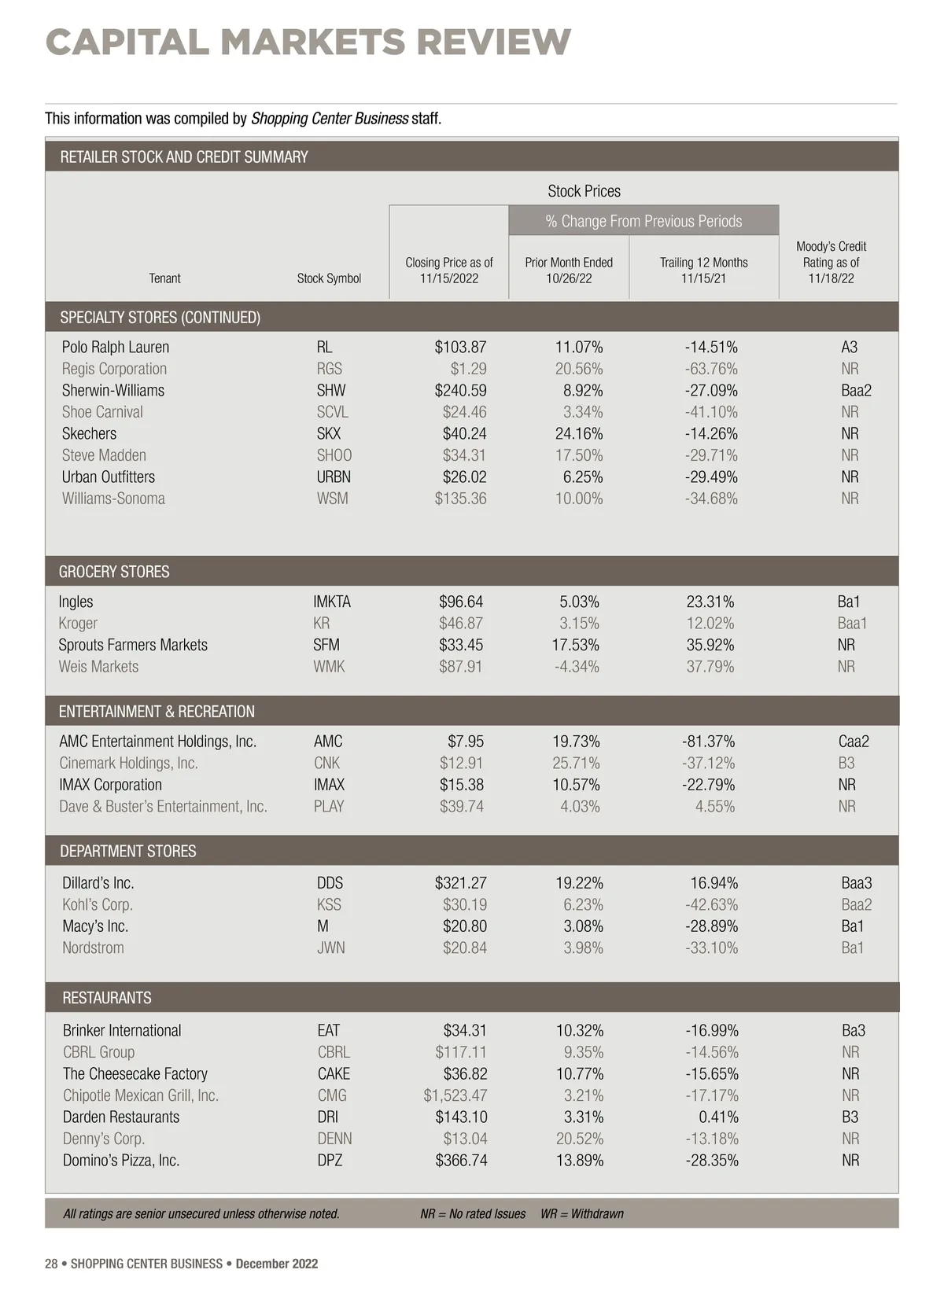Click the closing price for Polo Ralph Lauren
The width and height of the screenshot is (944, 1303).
pos(460,347)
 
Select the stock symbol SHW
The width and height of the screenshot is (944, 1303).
pos(331,390)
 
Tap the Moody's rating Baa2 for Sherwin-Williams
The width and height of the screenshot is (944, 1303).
pos(856,390)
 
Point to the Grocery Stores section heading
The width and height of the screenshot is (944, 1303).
pos(114,572)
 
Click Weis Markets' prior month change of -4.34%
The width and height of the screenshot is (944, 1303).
pos(577,666)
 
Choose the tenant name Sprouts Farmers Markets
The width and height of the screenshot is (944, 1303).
pos(133,645)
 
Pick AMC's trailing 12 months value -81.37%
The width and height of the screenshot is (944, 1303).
pos(708,741)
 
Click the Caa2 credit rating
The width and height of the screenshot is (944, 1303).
pos(854,741)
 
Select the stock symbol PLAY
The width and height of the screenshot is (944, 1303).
pos(329,806)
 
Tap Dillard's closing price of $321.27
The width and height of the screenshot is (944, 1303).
pos(460,882)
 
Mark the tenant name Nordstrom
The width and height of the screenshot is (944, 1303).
pos(93,948)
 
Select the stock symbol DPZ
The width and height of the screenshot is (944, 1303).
pos(330,1160)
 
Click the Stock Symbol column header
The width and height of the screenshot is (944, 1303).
pos(329,278)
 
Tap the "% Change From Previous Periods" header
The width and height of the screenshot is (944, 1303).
pos(643,221)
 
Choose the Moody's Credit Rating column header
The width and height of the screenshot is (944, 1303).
pos(831,262)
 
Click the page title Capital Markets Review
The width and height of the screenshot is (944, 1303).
pos(308,42)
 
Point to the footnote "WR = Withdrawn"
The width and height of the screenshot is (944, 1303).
pos(581,1213)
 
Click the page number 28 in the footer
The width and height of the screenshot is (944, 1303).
pos(51,1264)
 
